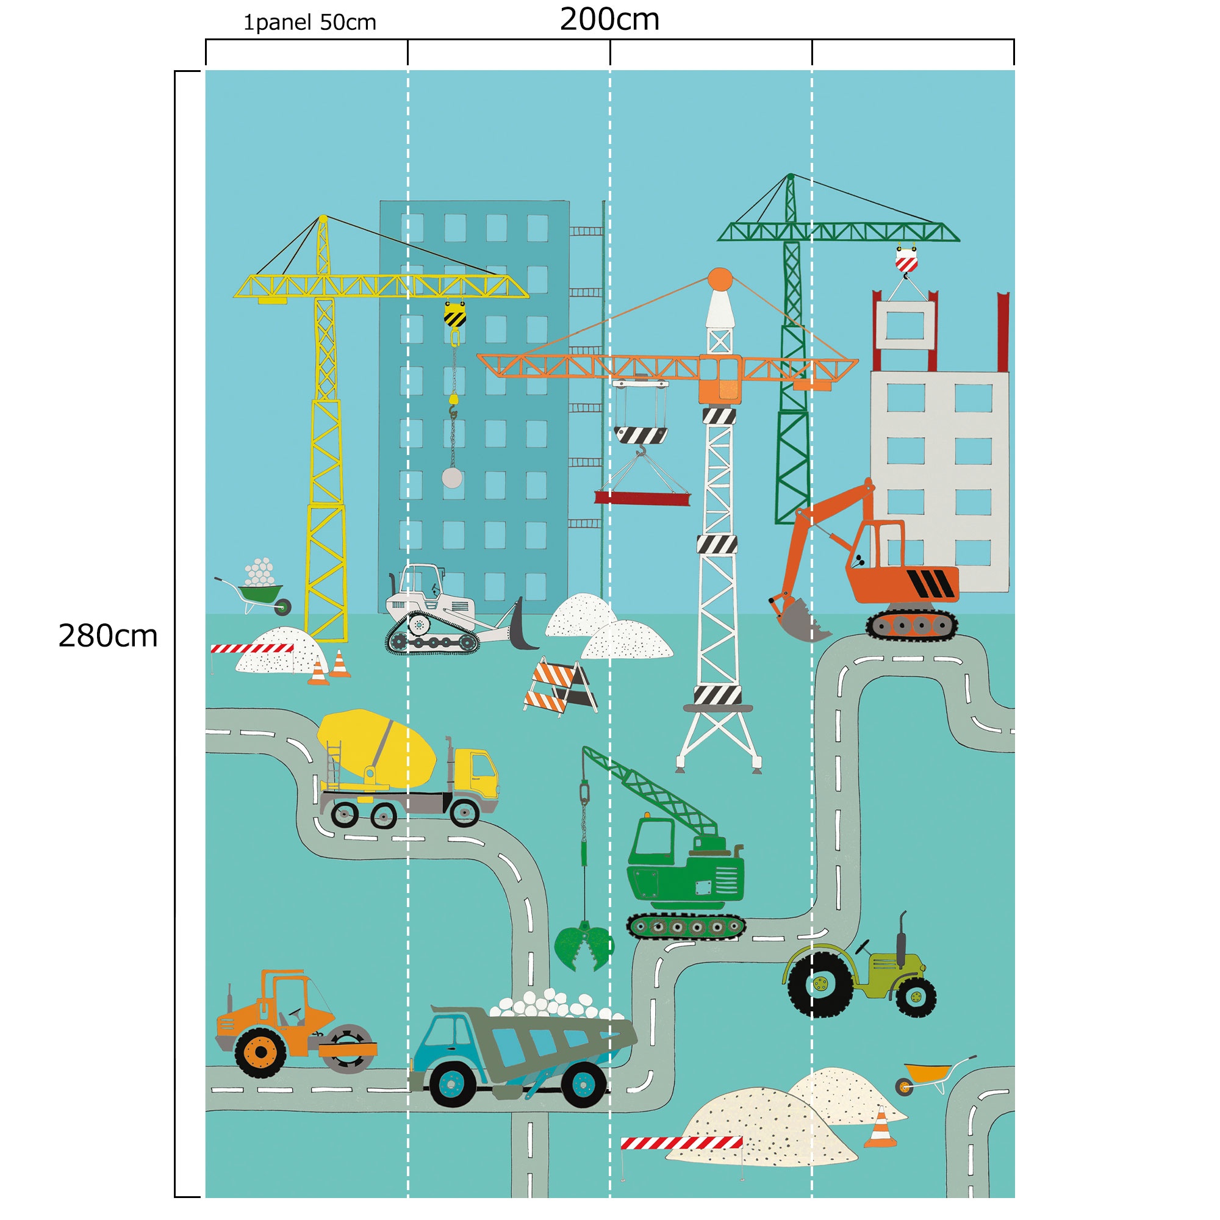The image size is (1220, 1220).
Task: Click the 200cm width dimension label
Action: pyautogui.click(x=609, y=20)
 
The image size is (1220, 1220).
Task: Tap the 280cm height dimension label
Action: pyautogui.click(x=107, y=635)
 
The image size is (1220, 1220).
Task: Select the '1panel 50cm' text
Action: pyautogui.click(x=309, y=23)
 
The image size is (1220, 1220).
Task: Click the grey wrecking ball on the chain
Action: pyautogui.click(x=452, y=478)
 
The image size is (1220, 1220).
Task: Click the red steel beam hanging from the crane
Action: pyautogui.click(x=642, y=498)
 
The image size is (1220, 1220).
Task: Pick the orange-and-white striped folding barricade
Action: pyautogui.click(x=560, y=686)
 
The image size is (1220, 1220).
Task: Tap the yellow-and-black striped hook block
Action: pyautogui.click(x=454, y=315)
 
